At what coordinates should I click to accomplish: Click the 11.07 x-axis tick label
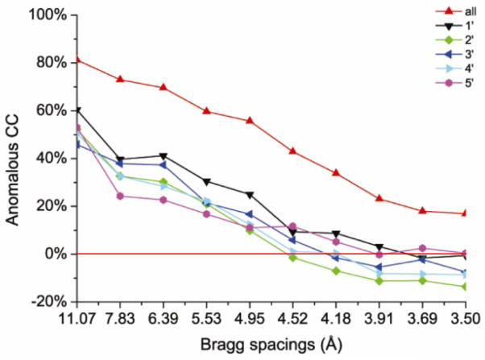tap(77, 318)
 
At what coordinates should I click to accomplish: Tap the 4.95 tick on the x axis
tap(250, 318)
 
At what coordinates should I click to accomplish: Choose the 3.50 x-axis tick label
tap(465, 318)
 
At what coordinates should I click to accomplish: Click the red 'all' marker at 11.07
tap(77, 60)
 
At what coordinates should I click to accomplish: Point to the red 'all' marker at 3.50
tap(465, 213)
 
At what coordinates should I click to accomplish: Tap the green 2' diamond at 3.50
tap(465, 287)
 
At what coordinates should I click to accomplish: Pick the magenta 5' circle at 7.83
tap(120, 196)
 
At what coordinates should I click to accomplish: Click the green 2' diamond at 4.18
tap(336, 271)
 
